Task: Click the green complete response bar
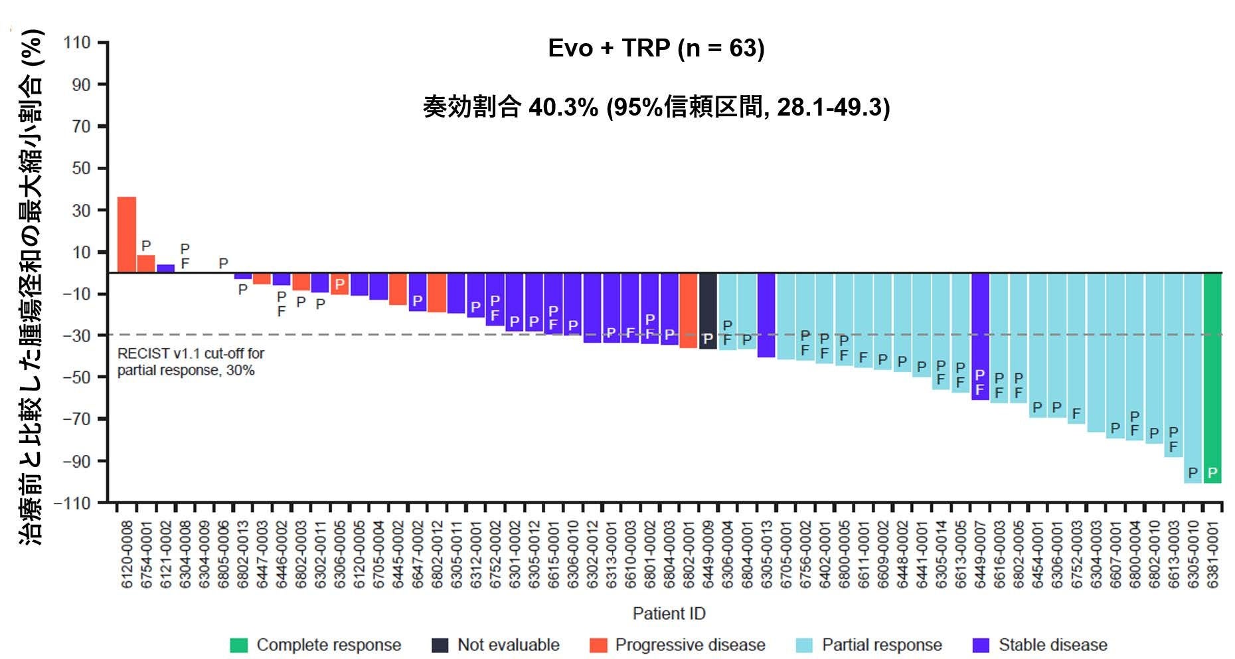(x=1212, y=378)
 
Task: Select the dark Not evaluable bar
(x=708, y=311)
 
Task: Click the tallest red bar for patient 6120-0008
(x=127, y=235)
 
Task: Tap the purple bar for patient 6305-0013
(x=766, y=316)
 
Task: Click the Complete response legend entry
(x=315, y=645)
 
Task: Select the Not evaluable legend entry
(x=495, y=645)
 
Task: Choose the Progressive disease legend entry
(x=677, y=645)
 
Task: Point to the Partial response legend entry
(x=868, y=645)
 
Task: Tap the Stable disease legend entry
(x=1040, y=645)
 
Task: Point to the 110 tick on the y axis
(x=77, y=43)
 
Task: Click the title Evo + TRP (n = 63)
(x=656, y=48)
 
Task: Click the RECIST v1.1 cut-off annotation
(x=191, y=361)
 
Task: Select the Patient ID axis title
(x=669, y=613)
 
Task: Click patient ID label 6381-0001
(x=1213, y=554)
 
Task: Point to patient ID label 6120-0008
(x=127, y=554)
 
